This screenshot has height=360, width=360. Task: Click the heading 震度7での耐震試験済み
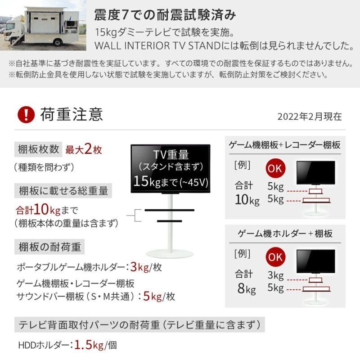tap(165, 15)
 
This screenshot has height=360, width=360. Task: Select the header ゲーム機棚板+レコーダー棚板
tap(284, 145)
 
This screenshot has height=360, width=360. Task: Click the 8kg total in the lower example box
tap(245, 288)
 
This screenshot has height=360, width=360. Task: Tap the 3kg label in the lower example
tap(275, 275)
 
